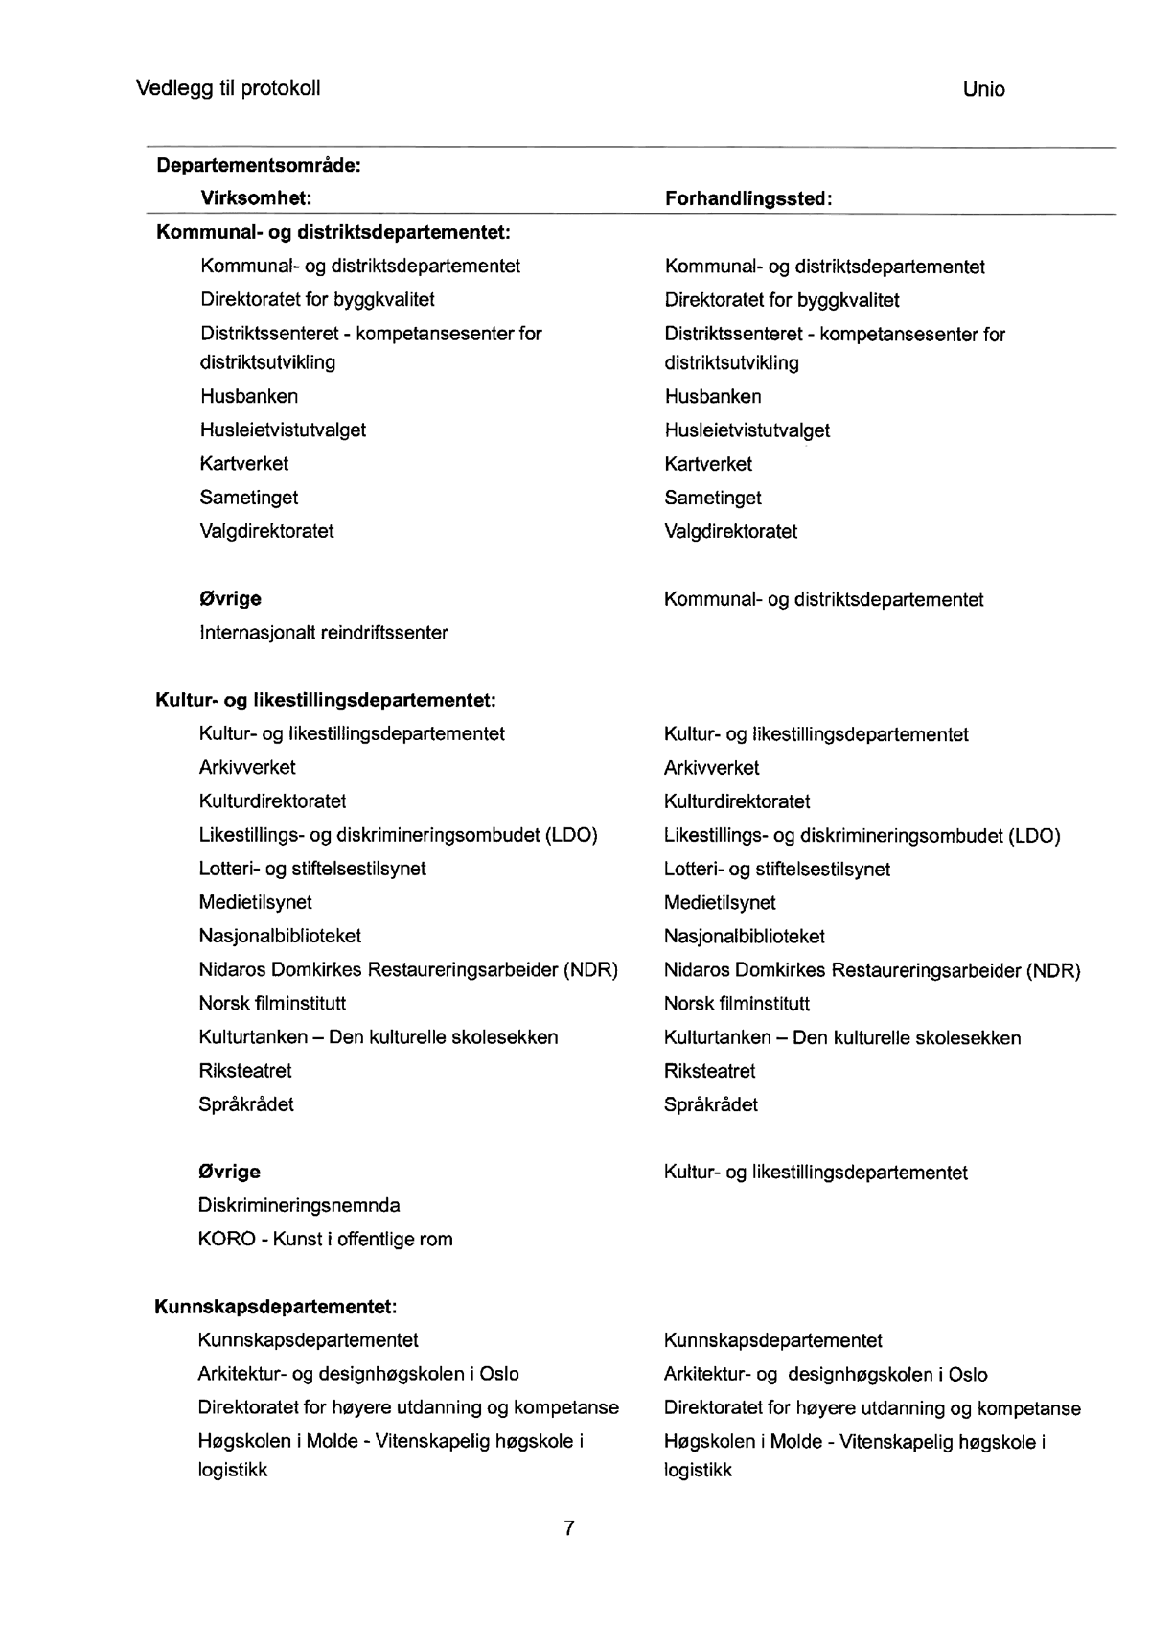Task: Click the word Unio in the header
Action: pos(983,89)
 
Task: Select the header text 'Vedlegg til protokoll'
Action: pos(228,88)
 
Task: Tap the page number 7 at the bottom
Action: pos(569,1528)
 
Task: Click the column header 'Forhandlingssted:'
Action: pos(748,198)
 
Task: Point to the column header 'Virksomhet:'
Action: pos(256,198)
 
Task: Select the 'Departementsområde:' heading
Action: pos(259,165)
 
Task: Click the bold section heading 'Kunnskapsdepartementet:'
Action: pos(276,1306)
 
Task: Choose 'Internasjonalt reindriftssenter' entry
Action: pos(324,633)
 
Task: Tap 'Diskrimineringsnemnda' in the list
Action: pos(299,1205)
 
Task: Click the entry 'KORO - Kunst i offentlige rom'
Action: pos(326,1239)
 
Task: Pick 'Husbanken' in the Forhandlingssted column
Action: pos(713,396)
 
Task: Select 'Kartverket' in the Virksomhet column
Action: pos(244,463)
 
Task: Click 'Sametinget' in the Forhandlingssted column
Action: pos(713,498)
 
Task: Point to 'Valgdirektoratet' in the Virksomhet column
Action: pos(266,531)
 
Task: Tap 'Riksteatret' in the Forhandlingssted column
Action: pos(709,1071)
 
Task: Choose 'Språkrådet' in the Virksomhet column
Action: pos(246,1104)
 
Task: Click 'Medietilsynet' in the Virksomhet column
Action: pos(255,902)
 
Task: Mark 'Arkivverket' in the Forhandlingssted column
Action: pos(711,768)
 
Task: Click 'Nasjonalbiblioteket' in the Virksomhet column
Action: pos(280,936)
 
